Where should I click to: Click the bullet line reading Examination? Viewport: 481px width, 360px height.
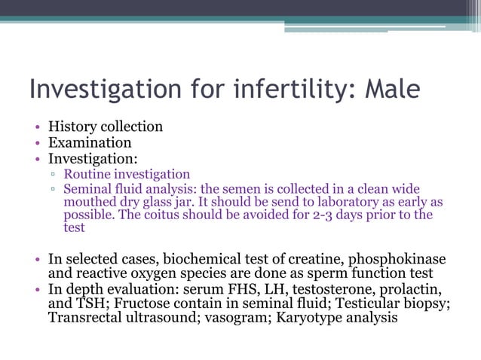[90, 142]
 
